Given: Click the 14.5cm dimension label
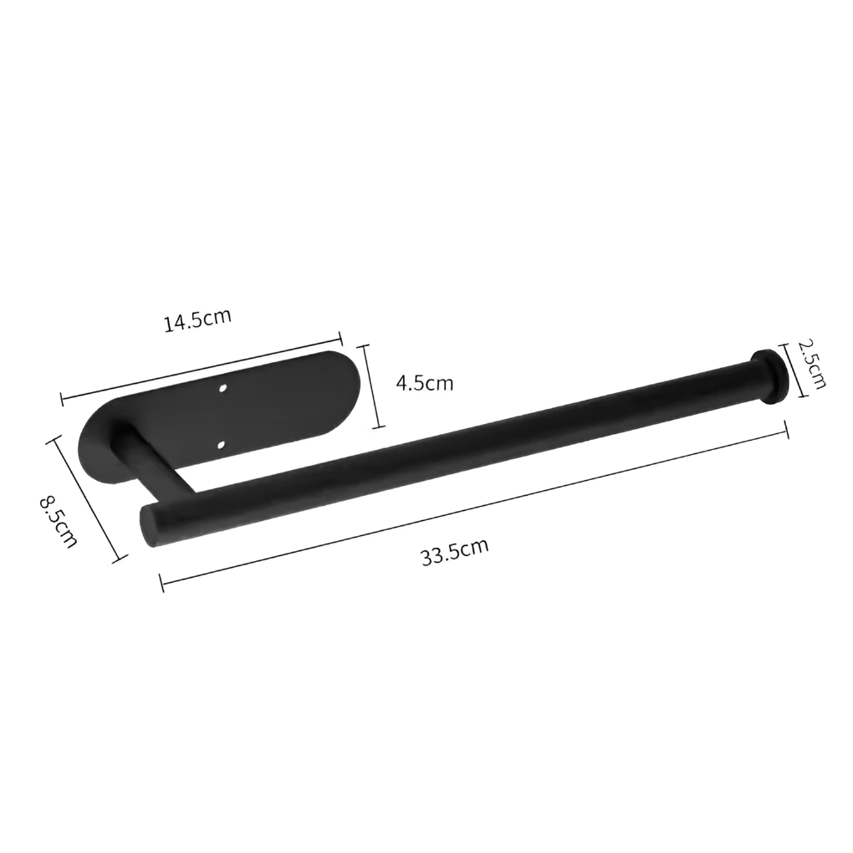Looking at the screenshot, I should (x=197, y=321).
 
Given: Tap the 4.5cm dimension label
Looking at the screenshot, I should (x=424, y=383).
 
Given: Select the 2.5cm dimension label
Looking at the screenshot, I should (x=810, y=363).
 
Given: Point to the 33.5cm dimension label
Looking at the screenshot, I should (x=454, y=553).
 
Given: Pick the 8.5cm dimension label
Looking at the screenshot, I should (x=59, y=520).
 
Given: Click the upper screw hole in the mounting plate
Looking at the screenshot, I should (x=223, y=389).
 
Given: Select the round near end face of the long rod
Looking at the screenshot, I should (x=151, y=525).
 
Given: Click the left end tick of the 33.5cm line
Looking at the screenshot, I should (x=161, y=580).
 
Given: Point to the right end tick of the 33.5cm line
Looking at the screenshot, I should (x=787, y=430).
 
